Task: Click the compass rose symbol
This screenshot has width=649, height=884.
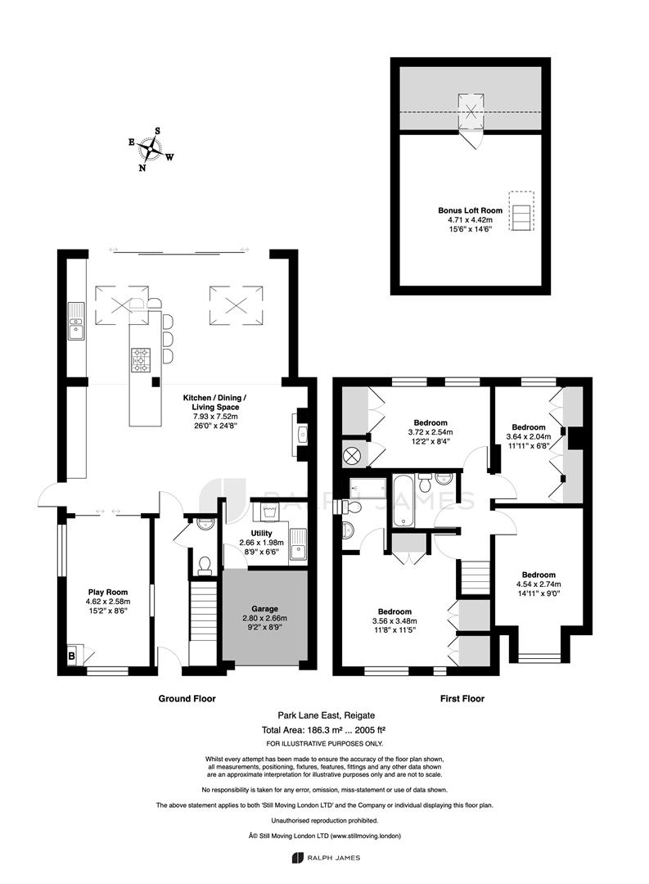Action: [151, 149]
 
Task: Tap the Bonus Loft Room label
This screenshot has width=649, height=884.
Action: [471, 210]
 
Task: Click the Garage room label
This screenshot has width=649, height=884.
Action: [264, 608]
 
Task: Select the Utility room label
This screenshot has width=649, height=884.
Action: [261, 533]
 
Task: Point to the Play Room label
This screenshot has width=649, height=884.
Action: [108, 592]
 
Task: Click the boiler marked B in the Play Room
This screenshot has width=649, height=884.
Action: [71, 656]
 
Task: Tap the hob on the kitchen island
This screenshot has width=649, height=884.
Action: [141, 360]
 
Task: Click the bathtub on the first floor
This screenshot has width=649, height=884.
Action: [403, 501]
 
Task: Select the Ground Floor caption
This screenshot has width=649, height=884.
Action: [187, 698]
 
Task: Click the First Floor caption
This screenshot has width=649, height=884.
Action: [462, 698]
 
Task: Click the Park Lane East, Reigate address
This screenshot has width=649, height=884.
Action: [326, 715]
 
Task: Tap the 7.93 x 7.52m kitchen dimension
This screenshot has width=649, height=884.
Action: [214, 417]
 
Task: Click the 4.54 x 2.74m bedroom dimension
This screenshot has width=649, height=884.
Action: [539, 584]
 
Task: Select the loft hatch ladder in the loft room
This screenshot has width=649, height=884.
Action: [521, 210]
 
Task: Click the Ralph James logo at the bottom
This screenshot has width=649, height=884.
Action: [326, 858]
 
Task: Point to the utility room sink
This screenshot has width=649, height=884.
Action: [298, 544]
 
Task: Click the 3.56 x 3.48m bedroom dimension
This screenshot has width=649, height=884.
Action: [394, 620]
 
